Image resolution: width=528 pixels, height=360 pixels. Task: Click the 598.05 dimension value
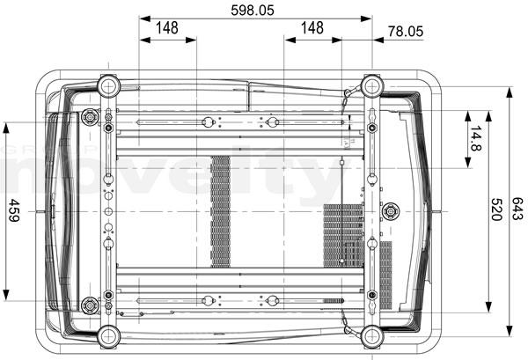[x=253, y=10]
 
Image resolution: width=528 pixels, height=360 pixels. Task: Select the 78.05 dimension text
[x=406, y=32]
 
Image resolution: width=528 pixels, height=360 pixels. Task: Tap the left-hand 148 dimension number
[x=167, y=27]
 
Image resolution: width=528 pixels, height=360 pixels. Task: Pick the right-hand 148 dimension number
[x=312, y=27]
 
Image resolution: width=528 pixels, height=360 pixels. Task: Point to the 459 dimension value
[x=14, y=210]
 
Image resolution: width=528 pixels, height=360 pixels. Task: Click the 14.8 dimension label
[x=476, y=138]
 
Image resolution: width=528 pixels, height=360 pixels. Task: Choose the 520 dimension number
[x=496, y=209]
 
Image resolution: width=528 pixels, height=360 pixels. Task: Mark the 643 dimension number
[x=517, y=209]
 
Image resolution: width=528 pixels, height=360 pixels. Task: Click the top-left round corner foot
[x=108, y=86]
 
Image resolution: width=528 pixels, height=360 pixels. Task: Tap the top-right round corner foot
[x=372, y=86]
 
